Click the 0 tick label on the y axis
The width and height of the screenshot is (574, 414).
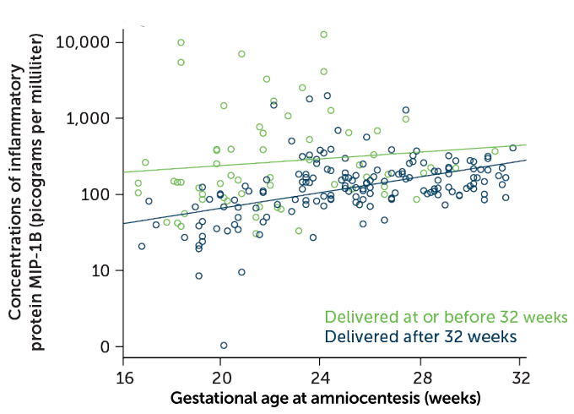click(106, 346)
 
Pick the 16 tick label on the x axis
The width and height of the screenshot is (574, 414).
click(123, 378)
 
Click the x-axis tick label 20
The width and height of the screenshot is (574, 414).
click(220, 378)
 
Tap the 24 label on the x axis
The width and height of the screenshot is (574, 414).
click(320, 378)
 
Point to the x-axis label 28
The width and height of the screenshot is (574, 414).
click(421, 378)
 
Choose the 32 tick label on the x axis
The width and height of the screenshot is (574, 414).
click(522, 378)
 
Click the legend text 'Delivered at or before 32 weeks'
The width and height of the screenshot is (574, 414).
click(446, 318)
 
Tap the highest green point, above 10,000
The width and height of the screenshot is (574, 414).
click(323, 35)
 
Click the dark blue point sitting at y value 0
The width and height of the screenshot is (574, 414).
click(224, 345)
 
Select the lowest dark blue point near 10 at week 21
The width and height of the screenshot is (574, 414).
click(241, 272)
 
